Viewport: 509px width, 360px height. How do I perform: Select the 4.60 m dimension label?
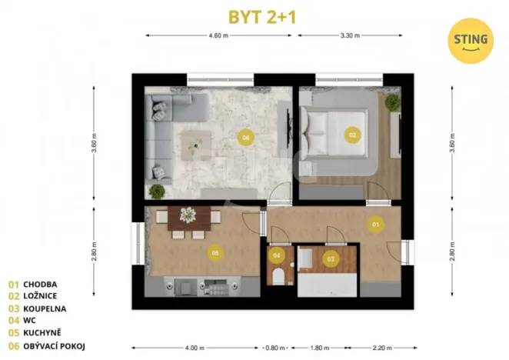click(221, 35)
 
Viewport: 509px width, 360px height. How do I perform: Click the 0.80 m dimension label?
click(272, 346)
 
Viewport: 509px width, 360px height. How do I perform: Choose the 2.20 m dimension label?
click(381, 346)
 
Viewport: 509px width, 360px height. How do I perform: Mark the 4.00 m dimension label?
click(198, 346)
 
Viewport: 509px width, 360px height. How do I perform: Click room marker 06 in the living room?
click(245, 138)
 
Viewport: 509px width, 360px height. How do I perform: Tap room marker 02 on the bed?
click(353, 135)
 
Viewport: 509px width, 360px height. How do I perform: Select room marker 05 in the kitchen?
click(215, 252)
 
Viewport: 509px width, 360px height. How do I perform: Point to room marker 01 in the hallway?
click(376, 225)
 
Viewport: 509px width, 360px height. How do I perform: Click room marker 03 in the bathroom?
click(331, 259)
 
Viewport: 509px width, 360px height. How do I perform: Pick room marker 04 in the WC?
click(278, 255)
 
